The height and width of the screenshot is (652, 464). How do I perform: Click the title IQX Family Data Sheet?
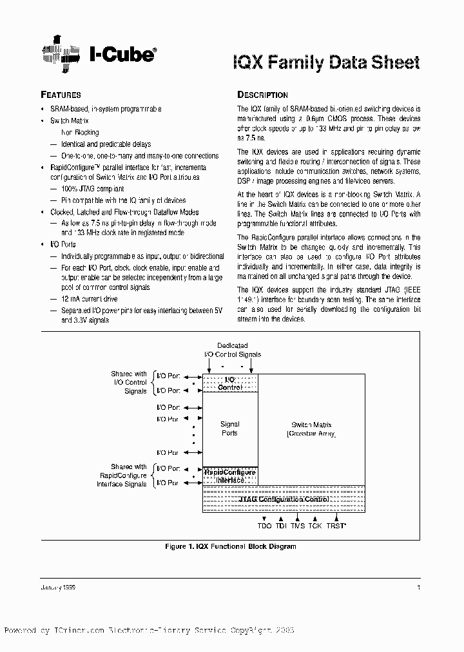pos(326,62)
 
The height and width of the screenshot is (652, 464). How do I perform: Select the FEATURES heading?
pos(61,95)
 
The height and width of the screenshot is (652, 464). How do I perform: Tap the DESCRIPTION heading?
pos(262,95)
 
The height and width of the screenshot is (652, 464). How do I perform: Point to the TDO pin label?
pos(265,526)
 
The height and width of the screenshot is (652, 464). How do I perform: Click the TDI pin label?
pos(282,526)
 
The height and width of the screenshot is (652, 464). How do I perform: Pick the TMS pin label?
pos(298,526)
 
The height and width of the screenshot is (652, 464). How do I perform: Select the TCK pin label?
pos(314,526)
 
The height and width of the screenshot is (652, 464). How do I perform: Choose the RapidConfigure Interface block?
pos(230,476)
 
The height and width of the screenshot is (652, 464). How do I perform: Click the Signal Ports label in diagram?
pos(229,428)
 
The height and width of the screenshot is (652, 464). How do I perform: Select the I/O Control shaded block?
pos(230,383)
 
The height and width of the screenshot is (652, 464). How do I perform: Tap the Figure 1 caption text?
pos(231,546)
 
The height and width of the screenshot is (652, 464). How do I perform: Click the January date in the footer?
pos(63,588)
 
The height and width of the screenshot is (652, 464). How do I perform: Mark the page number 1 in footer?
pos(419,588)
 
